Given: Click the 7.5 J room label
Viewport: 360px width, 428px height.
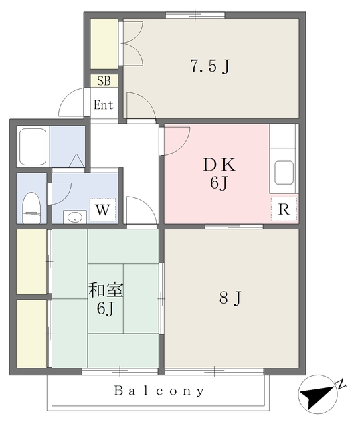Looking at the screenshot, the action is click(x=209, y=66).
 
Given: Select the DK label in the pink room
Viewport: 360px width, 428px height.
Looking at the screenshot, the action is click(x=219, y=165).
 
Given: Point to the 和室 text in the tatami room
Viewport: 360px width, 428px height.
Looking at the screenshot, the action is click(x=106, y=290).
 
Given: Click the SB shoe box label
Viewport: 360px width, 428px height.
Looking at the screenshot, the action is click(x=104, y=81).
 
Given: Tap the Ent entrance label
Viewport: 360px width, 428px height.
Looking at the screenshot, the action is click(x=104, y=105).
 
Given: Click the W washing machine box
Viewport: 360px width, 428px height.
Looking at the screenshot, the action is click(x=102, y=209).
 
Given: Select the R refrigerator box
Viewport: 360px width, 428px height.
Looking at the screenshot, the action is click(x=284, y=209).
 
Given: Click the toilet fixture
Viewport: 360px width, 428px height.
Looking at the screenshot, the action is click(x=31, y=208).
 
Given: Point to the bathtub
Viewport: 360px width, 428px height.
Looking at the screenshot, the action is click(x=33, y=146).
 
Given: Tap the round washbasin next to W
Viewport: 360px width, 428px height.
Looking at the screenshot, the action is click(x=75, y=217).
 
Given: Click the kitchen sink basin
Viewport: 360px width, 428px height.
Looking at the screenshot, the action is click(x=284, y=173).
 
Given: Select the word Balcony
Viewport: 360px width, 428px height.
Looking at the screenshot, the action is click(x=159, y=391).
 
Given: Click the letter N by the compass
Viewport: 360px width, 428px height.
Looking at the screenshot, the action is click(x=341, y=384).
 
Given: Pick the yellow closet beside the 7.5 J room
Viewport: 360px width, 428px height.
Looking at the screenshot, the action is click(x=104, y=43).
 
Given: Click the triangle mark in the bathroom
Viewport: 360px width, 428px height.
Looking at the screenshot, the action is click(x=76, y=161).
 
